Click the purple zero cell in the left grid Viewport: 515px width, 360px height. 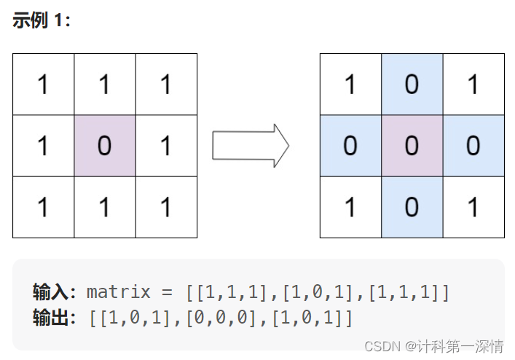[x=104, y=146]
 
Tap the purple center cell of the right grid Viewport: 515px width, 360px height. [x=412, y=146]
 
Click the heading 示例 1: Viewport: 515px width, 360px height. [x=42, y=20]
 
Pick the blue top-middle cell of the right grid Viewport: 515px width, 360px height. [x=412, y=85]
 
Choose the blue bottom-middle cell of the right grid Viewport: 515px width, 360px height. [x=412, y=207]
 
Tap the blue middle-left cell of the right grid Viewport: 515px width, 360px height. [x=350, y=146]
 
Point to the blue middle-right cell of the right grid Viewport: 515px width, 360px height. [x=473, y=146]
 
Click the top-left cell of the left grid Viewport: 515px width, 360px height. [x=43, y=85]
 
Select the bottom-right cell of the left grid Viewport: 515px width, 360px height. [x=166, y=207]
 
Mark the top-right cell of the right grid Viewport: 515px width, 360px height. [x=473, y=85]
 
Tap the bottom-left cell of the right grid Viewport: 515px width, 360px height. [x=350, y=207]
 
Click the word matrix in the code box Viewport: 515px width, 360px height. [x=119, y=293]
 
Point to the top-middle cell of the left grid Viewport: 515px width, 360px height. [x=104, y=85]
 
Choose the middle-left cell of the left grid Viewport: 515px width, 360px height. [x=43, y=146]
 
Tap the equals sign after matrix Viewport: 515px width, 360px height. [x=168, y=293]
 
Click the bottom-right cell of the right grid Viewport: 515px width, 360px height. [x=473, y=207]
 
